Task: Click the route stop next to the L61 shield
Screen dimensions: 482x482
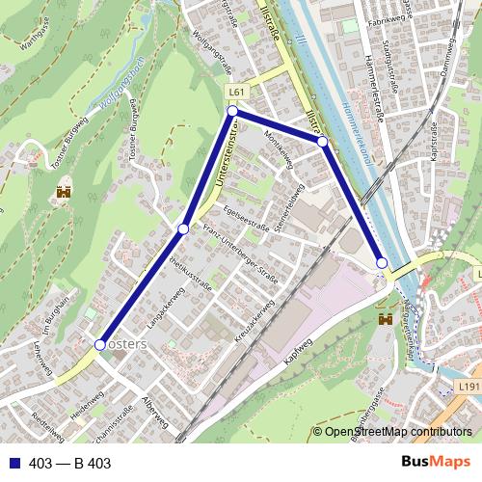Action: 232,112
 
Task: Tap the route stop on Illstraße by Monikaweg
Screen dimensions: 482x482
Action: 323,142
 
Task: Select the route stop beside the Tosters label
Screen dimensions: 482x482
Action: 99,344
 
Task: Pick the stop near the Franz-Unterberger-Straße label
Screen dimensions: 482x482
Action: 183,228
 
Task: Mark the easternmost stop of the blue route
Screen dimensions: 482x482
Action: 382,262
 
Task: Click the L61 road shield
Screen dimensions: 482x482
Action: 236,92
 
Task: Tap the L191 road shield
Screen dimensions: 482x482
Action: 469,387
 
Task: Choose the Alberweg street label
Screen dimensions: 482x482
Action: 154,412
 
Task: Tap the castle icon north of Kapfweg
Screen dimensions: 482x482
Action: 386,317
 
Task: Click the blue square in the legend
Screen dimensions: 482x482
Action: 13,464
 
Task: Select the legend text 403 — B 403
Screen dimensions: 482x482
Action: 70,464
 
